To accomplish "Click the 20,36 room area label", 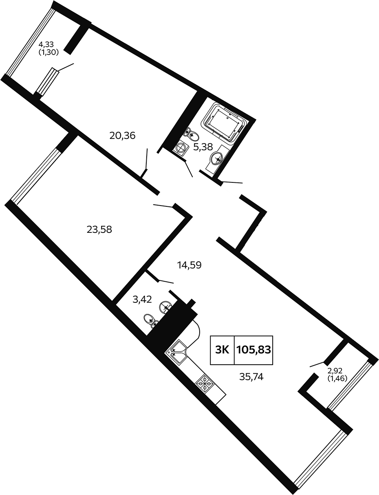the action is point(122,136).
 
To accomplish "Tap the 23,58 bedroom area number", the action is point(99,230).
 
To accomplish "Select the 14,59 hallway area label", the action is point(189,265).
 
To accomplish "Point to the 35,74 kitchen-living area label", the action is point(251,377).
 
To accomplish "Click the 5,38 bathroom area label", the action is point(203,147).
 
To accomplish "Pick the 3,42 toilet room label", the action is point(142,300).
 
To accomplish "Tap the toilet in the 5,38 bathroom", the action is point(192,134).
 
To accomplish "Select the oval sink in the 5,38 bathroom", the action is point(217,158).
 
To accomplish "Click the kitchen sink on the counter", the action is point(177,352).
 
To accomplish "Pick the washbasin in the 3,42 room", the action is point(166,307).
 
